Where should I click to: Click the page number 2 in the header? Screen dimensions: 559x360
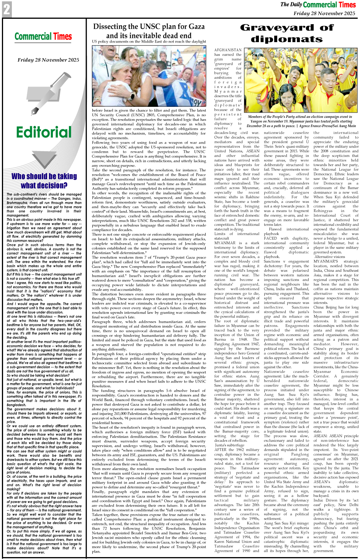(7, 9)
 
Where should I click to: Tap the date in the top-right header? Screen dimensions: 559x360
(324, 13)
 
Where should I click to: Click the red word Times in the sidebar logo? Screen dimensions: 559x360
(62, 37)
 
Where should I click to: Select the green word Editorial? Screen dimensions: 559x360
(44, 132)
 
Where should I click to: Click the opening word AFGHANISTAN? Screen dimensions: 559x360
(228, 50)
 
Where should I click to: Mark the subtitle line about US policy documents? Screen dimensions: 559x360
(149, 41)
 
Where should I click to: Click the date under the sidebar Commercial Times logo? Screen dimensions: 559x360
(48, 60)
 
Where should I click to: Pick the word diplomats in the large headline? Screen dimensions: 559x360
(287, 39)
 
